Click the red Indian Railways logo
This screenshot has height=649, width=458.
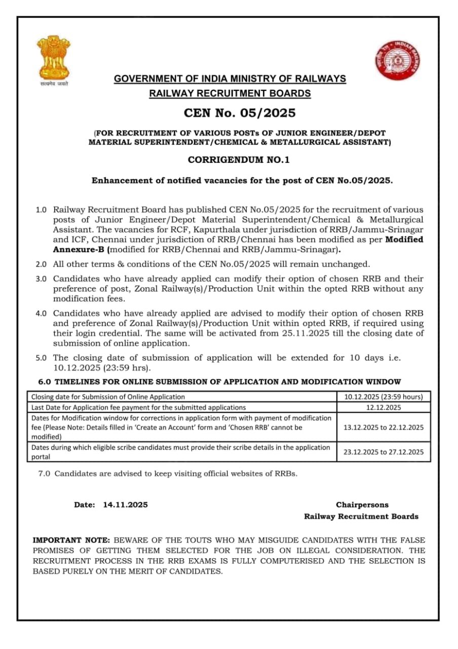398,60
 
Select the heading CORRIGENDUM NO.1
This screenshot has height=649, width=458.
239,160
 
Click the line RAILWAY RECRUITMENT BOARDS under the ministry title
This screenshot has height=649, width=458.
230,93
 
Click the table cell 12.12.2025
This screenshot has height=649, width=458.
384,407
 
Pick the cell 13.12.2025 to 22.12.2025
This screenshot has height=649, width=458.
384,427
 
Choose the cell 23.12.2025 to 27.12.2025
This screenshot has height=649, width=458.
384,452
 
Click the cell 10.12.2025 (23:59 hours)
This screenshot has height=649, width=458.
384,397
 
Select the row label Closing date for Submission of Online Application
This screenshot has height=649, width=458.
108,397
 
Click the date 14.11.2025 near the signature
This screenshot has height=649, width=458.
125,505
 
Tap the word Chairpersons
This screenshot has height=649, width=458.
362,505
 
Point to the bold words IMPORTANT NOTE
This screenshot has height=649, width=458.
71,540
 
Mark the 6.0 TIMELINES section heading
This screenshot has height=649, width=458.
220,382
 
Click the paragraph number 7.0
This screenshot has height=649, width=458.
45,474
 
